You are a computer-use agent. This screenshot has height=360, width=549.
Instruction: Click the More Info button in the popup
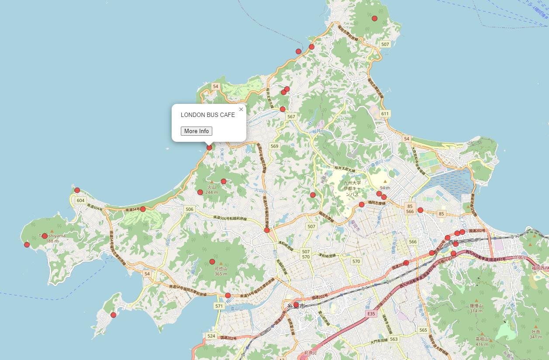(x=197, y=131)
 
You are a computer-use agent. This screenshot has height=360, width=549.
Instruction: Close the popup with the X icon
(x=241, y=109)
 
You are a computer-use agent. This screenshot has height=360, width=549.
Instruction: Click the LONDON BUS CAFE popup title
(x=208, y=115)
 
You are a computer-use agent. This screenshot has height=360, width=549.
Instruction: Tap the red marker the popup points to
(x=210, y=147)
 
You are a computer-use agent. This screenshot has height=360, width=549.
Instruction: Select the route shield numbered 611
(x=385, y=113)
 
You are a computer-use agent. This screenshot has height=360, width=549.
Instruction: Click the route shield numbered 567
(x=291, y=117)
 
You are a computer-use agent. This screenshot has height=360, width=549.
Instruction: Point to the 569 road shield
(x=274, y=146)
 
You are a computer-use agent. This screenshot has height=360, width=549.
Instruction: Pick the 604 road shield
(x=80, y=200)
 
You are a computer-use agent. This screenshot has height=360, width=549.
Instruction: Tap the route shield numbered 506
(x=189, y=209)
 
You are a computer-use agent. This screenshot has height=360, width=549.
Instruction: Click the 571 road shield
(x=219, y=306)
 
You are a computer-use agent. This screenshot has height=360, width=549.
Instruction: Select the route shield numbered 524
(x=211, y=336)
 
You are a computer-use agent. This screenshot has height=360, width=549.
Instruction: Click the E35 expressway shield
(x=371, y=314)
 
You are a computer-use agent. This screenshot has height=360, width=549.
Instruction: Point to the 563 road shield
(x=394, y=339)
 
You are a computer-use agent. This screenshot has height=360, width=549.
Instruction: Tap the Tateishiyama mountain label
(x=52, y=236)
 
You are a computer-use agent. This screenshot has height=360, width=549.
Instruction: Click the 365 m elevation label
(x=221, y=274)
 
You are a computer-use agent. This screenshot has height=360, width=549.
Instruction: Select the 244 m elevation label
(x=211, y=192)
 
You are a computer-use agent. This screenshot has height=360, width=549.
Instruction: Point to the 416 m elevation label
(x=482, y=344)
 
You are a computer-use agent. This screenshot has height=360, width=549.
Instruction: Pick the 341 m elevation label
(x=535, y=337)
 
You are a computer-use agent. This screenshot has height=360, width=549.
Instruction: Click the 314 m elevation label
(x=476, y=311)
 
